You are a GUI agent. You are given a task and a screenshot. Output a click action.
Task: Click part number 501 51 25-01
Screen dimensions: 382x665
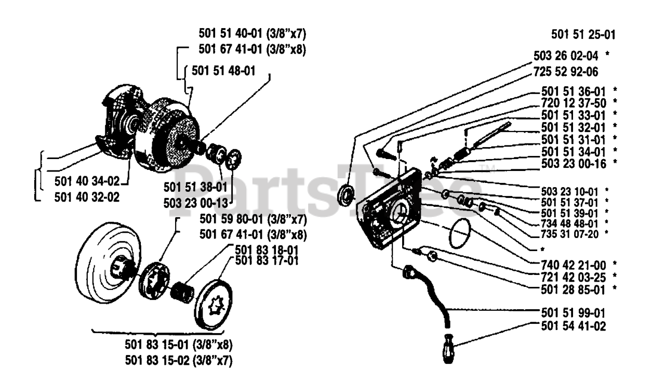[x=583, y=36]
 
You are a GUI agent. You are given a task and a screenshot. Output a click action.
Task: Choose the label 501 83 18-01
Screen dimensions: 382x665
[x=267, y=251]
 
